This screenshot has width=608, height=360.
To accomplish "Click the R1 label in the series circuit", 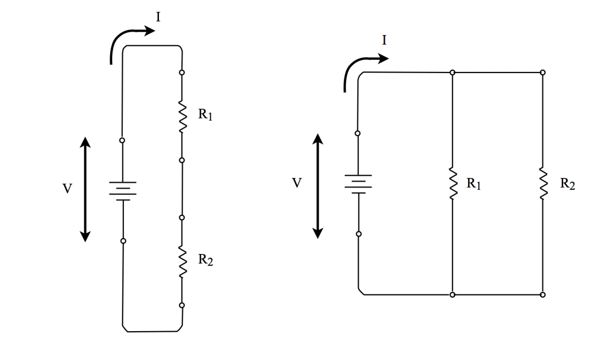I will [205, 115].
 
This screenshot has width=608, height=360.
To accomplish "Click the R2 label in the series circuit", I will [205, 261].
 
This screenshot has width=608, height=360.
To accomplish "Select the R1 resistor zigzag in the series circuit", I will [182, 116].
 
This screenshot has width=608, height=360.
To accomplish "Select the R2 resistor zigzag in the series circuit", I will [182, 262].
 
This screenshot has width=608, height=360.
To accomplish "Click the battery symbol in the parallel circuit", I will [358, 184].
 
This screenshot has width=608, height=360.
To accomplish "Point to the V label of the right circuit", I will [296, 183].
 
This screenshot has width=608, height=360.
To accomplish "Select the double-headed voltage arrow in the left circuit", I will [85, 189].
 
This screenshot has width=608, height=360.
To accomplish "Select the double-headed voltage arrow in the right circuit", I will [318, 186].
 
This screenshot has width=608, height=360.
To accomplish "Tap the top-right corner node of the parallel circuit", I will [543, 72].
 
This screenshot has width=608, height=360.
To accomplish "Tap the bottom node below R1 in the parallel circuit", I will [452, 295].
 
